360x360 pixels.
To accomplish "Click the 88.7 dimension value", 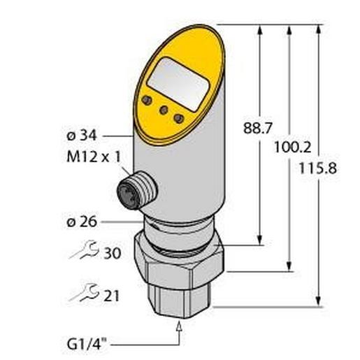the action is click(x=258, y=128).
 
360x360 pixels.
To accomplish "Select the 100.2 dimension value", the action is click(x=293, y=147).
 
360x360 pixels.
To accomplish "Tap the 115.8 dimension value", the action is click(x=318, y=168).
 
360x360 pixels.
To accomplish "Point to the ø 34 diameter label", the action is click(x=82, y=136).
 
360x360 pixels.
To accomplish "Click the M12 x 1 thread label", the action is click(x=94, y=157).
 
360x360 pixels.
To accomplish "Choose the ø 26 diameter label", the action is click(x=82, y=222).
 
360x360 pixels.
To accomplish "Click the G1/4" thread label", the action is click(x=87, y=345).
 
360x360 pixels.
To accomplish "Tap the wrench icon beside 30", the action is click(x=85, y=250).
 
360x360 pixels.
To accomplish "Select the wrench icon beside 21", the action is click(x=85, y=293).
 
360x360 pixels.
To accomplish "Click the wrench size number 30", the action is click(x=113, y=253).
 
